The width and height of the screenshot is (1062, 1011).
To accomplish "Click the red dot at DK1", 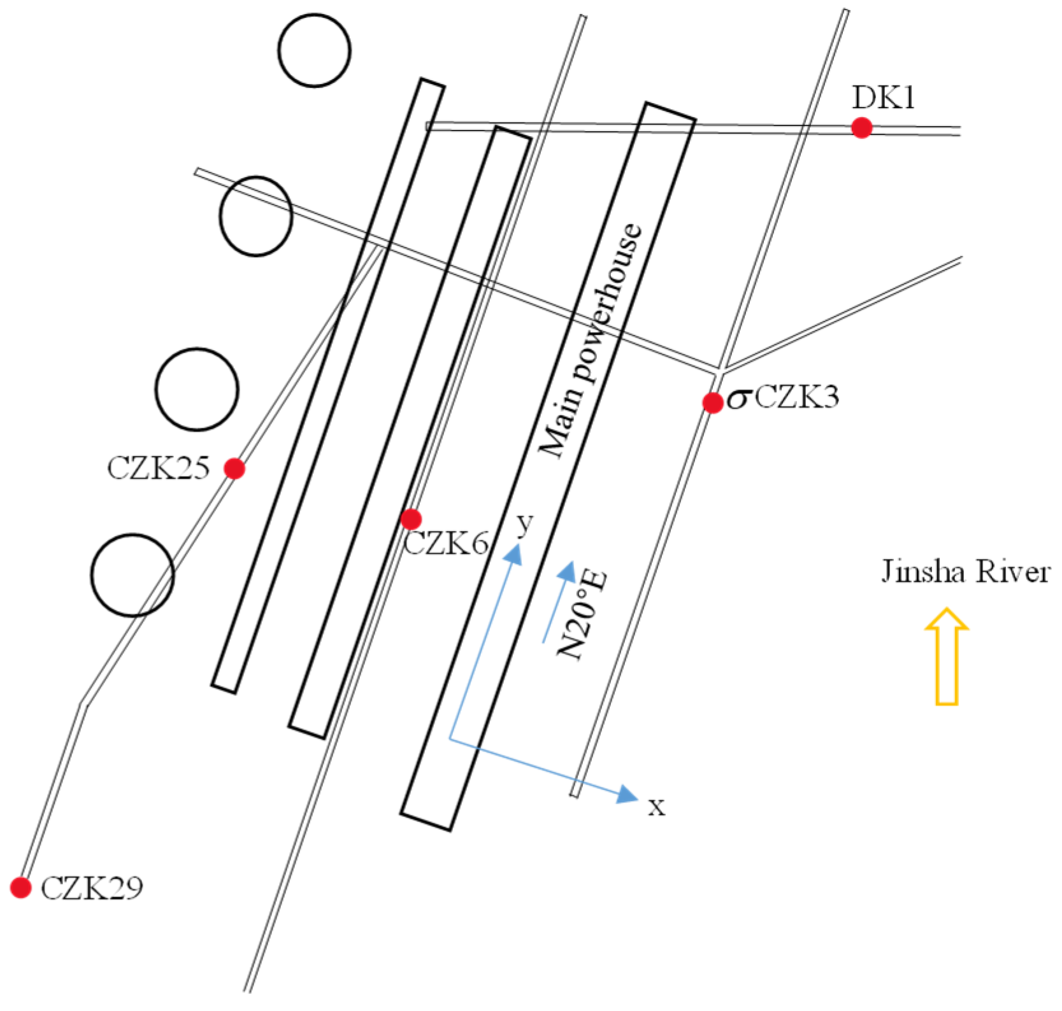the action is (x=861, y=128).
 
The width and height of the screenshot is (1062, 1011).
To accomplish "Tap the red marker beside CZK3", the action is (x=712, y=402).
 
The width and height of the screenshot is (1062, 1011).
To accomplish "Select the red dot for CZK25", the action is (x=234, y=469).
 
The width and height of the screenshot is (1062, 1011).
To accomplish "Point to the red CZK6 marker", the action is (x=411, y=519).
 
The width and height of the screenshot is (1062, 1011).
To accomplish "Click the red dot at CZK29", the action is (x=21, y=887).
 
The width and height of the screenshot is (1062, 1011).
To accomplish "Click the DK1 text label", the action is (x=884, y=98).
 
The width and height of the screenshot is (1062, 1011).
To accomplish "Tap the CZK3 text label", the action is (x=797, y=397).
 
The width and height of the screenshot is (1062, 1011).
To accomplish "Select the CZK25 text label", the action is (x=158, y=469).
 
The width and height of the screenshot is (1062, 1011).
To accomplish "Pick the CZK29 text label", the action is (x=92, y=888).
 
